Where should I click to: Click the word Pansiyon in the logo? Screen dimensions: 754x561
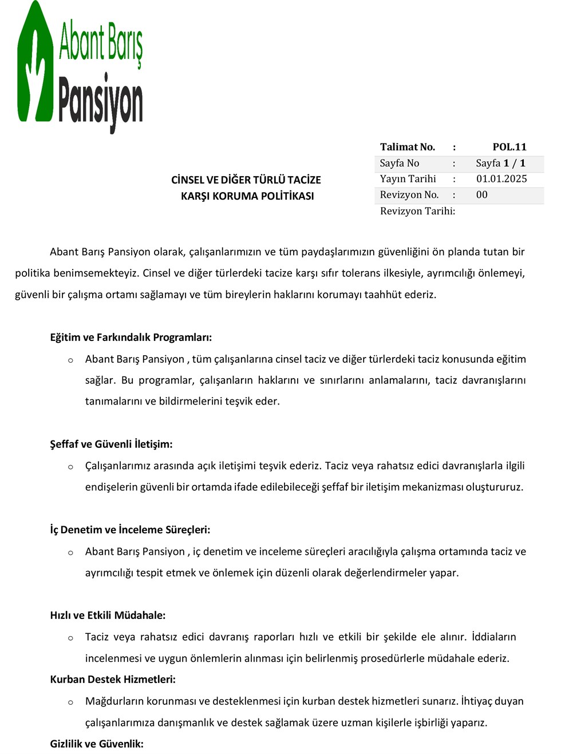pos(101,102)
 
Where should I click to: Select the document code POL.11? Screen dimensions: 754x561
pos(509,147)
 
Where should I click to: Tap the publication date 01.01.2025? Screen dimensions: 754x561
pos(501,179)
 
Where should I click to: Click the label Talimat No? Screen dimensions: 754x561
pos(408,147)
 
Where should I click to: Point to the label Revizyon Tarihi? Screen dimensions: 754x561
pos(417,211)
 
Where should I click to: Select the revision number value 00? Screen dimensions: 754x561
pos(482,195)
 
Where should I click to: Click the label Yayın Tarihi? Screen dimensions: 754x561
pos(408,179)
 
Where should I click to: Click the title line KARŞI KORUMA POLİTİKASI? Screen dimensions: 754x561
pos(247,196)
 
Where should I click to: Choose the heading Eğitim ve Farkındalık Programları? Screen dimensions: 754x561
pos(131,338)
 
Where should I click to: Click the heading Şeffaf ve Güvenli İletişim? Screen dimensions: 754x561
pos(111,445)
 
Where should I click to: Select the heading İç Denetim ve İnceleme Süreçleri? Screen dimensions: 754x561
pos(130,530)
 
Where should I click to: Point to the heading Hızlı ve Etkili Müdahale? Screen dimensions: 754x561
pos(108,616)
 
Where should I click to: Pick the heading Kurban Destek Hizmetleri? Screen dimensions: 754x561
pos(113,680)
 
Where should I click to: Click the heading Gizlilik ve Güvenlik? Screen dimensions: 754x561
pos(97,744)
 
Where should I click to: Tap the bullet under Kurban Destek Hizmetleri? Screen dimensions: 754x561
pos(70,702)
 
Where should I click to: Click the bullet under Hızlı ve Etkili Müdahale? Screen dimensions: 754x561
pos(70,638)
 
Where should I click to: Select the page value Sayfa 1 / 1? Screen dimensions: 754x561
pos(500,163)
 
